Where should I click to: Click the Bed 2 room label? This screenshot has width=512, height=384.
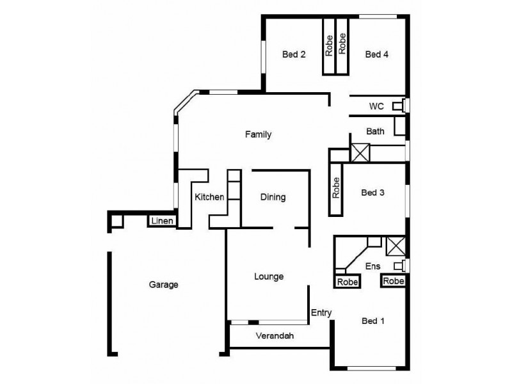[293, 55]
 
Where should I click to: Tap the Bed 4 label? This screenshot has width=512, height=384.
[376, 55]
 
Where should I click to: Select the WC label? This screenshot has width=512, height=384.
[376, 106]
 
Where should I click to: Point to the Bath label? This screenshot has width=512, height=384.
[375, 132]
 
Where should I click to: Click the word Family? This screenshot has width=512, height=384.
[259, 135]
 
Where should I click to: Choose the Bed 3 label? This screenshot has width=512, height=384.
[372, 192]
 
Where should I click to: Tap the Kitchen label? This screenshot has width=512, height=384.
[209, 197]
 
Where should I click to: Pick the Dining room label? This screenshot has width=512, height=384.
[273, 197]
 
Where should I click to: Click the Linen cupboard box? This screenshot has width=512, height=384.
[161, 221]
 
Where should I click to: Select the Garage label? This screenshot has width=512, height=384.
[163, 285]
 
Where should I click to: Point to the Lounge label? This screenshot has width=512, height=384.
[269, 276]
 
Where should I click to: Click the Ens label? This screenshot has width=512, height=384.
[372, 266]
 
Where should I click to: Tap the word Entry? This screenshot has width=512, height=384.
[321, 313]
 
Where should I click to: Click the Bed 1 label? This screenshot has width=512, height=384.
[372, 321]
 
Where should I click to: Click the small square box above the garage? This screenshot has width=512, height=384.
[117, 221]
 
